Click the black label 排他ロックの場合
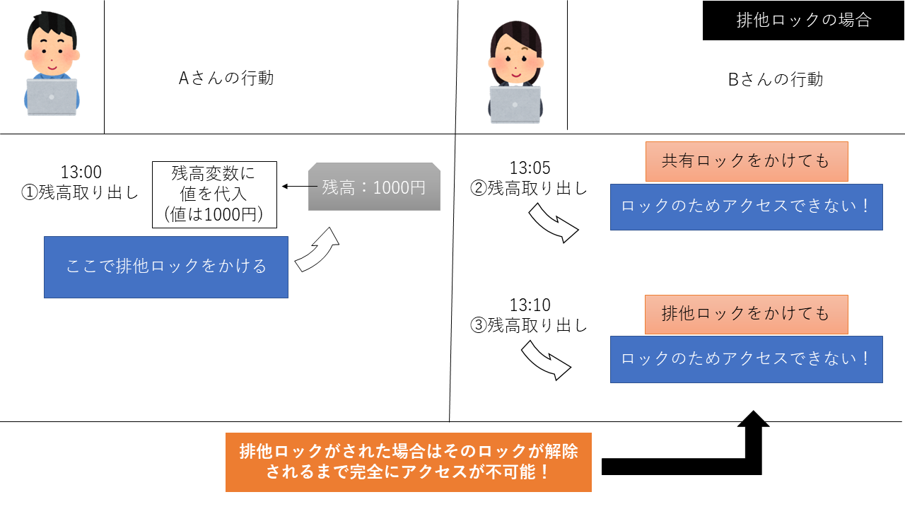click(803, 20)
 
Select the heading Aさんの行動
click(226, 78)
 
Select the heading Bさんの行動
click(776, 79)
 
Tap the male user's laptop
click(52, 97)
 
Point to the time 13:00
click(81, 172)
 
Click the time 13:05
click(530, 168)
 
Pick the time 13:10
click(530, 305)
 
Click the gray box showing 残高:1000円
click(374, 187)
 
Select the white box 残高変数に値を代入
click(214, 194)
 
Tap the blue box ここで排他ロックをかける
click(166, 267)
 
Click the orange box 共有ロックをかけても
click(745, 161)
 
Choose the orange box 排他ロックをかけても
click(745, 313)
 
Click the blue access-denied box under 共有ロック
click(746, 206)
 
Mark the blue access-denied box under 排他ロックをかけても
click(746, 358)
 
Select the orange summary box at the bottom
click(408, 462)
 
